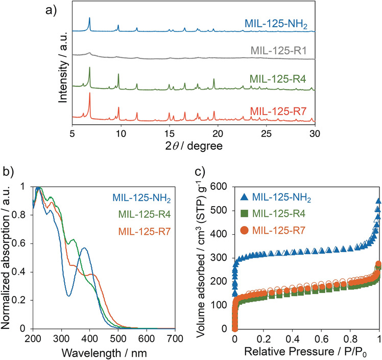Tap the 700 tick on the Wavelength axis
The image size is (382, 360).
coord(175,339)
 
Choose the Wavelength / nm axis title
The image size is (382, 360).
coord(104,353)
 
